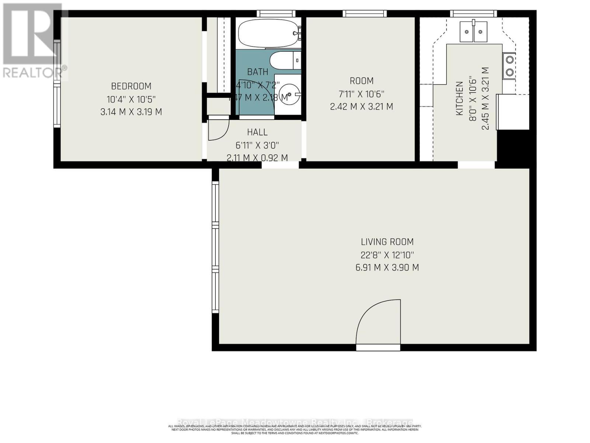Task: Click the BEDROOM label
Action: [x=131, y=86]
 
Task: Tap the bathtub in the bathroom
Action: [x=268, y=34]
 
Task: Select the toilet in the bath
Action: [x=284, y=60]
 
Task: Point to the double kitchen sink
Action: [x=473, y=32]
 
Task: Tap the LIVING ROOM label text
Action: [x=387, y=242]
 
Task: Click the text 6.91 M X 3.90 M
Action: [x=387, y=267]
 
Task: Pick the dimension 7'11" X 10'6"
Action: [x=361, y=94]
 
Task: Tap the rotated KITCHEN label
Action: [x=459, y=99]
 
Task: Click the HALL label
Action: [x=257, y=132]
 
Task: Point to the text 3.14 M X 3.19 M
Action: [x=131, y=112]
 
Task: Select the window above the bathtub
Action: [x=276, y=14]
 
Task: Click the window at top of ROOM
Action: [x=365, y=14]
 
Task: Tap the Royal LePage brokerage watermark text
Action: [x=295, y=422]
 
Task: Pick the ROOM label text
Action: [x=361, y=81]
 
